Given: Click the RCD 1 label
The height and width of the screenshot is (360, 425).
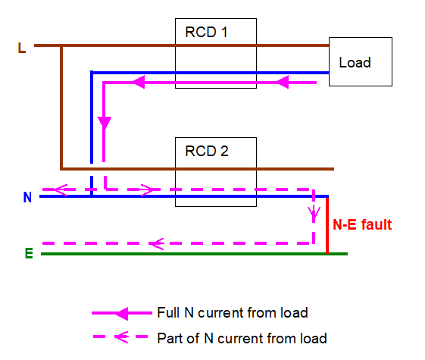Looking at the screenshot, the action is [x=206, y=33].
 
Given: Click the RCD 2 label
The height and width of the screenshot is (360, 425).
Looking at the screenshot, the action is [x=207, y=151].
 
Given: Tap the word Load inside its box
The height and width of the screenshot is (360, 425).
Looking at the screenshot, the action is [x=355, y=63].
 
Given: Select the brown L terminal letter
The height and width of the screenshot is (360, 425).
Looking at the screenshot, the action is [x=22, y=48].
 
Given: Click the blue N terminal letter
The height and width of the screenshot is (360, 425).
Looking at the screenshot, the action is [x=27, y=197].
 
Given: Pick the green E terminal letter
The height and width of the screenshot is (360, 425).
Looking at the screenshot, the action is [x=29, y=253].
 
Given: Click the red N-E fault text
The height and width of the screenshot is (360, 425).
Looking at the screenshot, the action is [x=362, y=225].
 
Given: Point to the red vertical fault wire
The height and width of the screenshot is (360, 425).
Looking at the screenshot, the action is [x=327, y=226].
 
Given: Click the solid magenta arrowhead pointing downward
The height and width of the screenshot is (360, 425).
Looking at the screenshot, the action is [x=104, y=123].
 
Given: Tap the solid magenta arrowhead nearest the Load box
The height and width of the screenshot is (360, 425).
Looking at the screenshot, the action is [x=283, y=82].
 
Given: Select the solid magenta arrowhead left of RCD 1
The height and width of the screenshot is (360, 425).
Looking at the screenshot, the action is [x=139, y=82].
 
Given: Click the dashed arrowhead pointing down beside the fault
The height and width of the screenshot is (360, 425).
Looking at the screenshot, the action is [x=314, y=214].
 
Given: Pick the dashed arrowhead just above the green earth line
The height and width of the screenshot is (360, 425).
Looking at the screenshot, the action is [x=157, y=244].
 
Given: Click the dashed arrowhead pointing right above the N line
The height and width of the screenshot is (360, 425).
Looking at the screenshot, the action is [x=148, y=189].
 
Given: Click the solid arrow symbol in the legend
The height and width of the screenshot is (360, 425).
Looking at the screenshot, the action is [x=122, y=313].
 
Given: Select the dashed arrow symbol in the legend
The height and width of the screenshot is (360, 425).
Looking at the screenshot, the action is [x=120, y=337].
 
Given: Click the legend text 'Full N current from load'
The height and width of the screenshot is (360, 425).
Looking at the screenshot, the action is [x=233, y=313].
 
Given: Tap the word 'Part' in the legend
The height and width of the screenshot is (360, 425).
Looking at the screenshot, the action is [x=168, y=338].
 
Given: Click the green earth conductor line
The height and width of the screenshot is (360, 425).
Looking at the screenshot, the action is [x=194, y=254].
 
